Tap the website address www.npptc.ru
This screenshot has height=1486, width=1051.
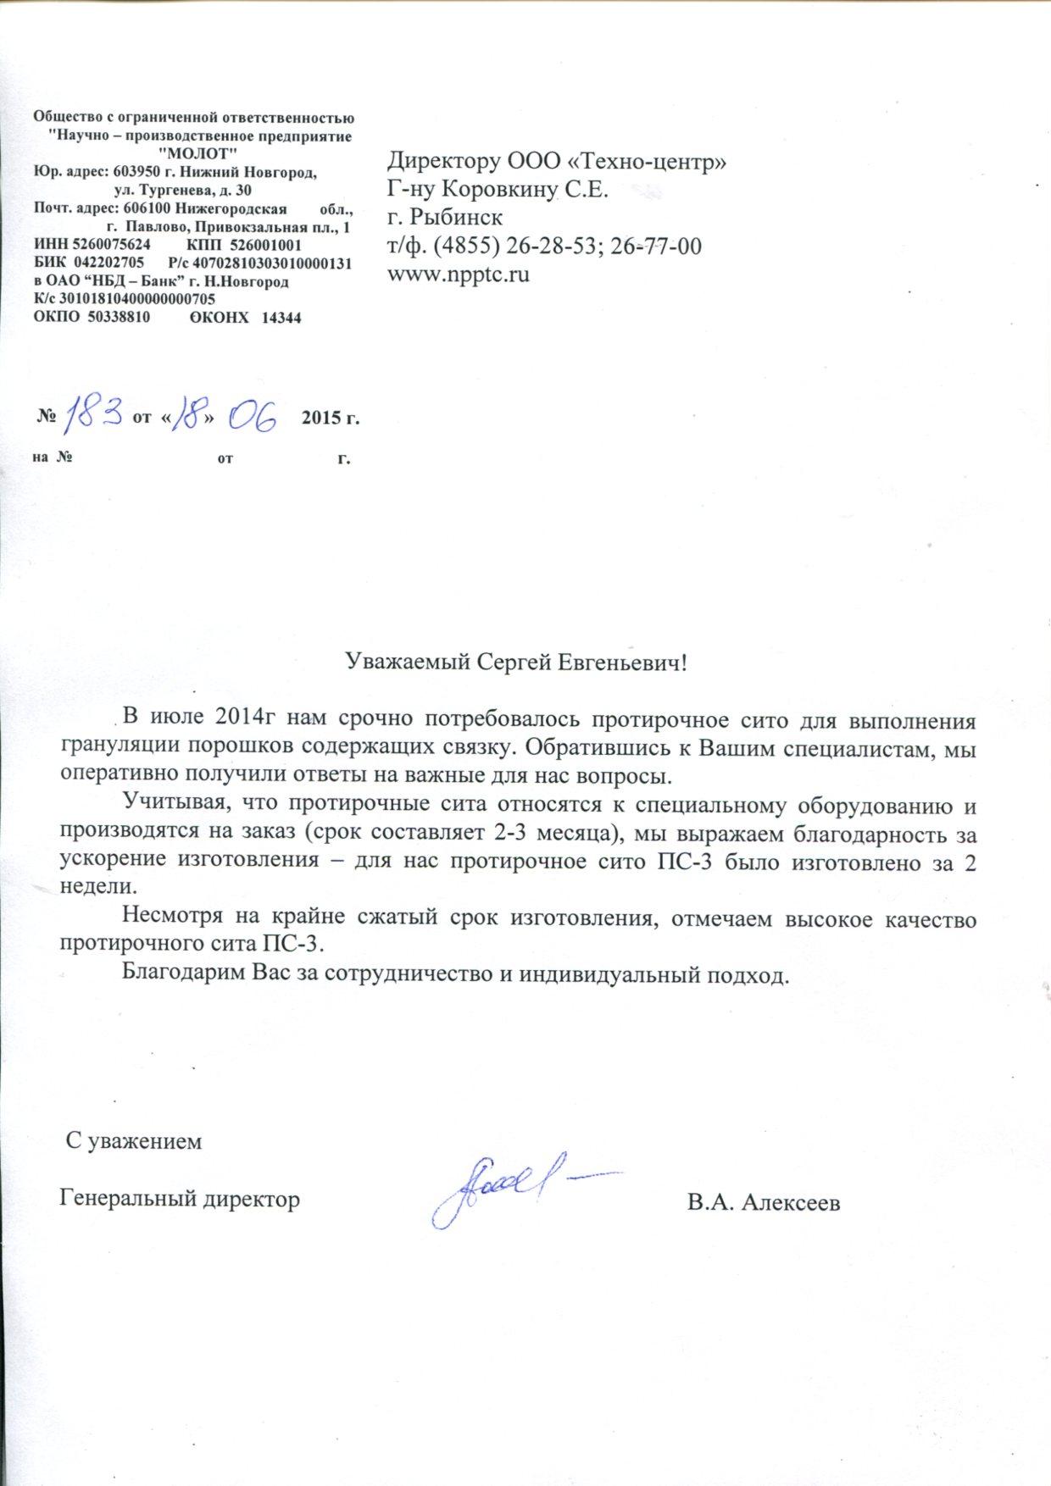(459, 274)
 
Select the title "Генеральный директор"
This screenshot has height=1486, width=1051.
(180, 1200)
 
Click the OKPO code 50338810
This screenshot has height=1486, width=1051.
(119, 318)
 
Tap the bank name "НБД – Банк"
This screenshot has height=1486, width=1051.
(131, 281)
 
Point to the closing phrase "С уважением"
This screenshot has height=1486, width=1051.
(135, 1141)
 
